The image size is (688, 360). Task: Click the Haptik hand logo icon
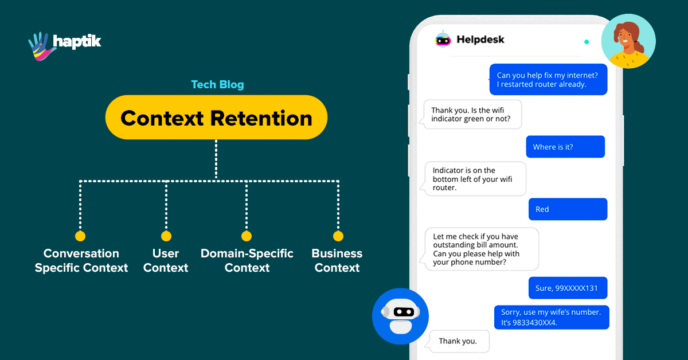pyautogui.click(x=41, y=45)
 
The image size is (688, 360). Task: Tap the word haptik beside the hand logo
pyautogui.click(x=77, y=42)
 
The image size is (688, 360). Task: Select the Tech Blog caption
pyautogui.click(x=217, y=85)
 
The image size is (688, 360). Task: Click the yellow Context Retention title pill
pyautogui.click(x=216, y=118)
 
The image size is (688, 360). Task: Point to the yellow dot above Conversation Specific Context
pyautogui.click(x=80, y=236)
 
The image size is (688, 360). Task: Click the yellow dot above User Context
pyautogui.click(x=166, y=236)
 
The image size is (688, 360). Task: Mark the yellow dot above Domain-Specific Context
pyautogui.click(x=247, y=236)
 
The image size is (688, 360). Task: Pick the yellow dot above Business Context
pyautogui.click(x=338, y=236)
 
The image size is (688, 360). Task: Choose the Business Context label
pyautogui.click(x=337, y=260)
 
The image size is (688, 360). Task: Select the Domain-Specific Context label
pyautogui.click(x=247, y=260)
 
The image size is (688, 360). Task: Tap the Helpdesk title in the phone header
pyautogui.click(x=480, y=40)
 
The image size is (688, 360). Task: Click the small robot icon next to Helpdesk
pyautogui.click(x=443, y=39)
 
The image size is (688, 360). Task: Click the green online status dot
pyautogui.click(x=586, y=42)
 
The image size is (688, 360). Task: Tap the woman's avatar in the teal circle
pyautogui.click(x=628, y=41)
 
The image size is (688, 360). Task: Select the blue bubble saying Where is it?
pyautogui.click(x=565, y=147)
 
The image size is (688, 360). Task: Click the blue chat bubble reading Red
pyautogui.click(x=567, y=209)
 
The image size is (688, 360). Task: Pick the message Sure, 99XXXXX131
pyautogui.click(x=567, y=288)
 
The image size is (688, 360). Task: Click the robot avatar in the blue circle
pyautogui.click(x=400, y=316)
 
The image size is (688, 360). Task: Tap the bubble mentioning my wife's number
pyautogui.click(x=552, y=317)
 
